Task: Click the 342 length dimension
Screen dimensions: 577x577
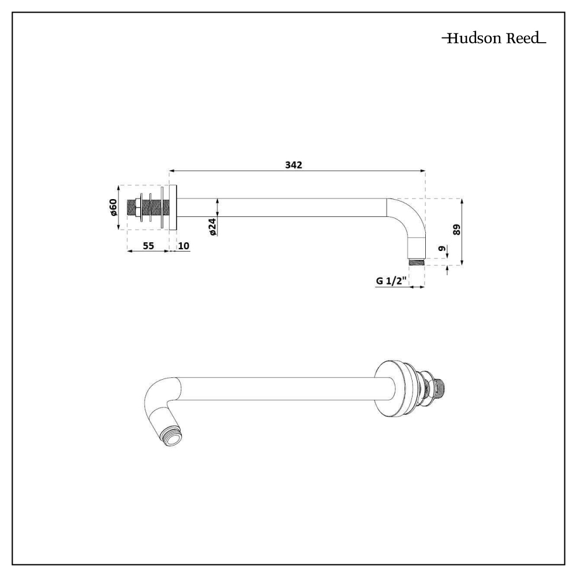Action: click(294, 164)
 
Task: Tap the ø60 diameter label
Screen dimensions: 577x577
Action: click(114, 207)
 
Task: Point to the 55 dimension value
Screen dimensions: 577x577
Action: click(148, 245)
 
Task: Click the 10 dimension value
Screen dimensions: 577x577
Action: click(183, 245)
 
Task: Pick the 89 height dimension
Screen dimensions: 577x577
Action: click(456, 229)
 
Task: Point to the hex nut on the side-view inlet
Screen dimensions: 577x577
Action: click(138, 208)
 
